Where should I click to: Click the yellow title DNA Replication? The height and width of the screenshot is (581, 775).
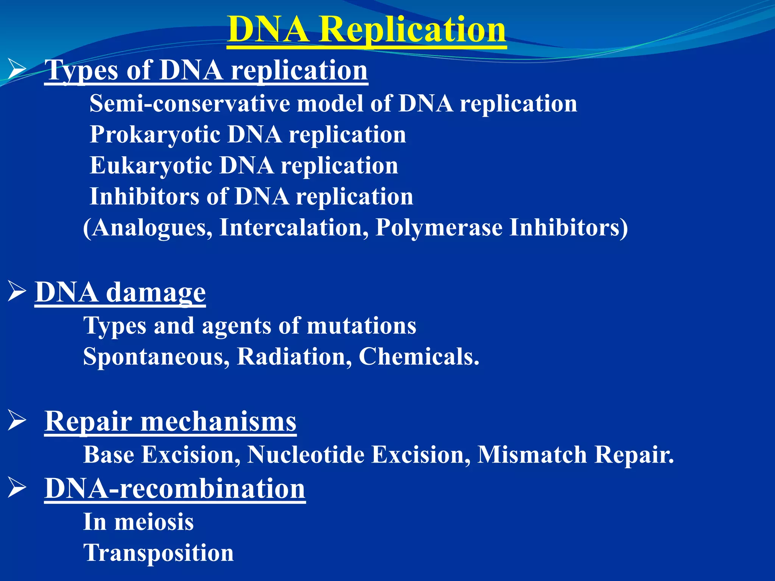tap(366, 30)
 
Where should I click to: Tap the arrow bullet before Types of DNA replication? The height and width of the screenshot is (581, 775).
tap(17, 70)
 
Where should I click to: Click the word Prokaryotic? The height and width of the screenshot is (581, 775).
tap(155, 135)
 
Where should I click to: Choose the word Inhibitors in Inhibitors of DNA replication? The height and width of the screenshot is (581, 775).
tap(144, 197)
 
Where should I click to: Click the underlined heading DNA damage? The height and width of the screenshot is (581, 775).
tap(120, 292)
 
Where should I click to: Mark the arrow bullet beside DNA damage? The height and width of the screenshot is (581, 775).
tap(17, 292)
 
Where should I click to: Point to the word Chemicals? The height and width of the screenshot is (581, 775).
tap(419, 357)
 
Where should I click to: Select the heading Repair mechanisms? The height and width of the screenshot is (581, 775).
tap(170, 421)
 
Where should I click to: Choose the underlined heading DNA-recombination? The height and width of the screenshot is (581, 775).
tap(175, 489)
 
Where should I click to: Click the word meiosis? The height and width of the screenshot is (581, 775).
tap(154, 522)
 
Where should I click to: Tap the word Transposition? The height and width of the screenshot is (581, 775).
tap(158, 553)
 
